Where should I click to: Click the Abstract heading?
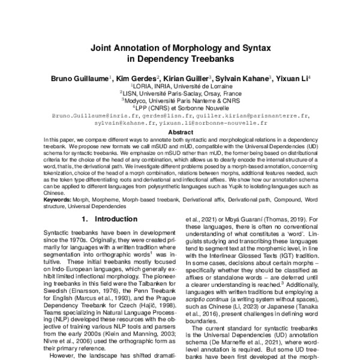click(180, 132)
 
